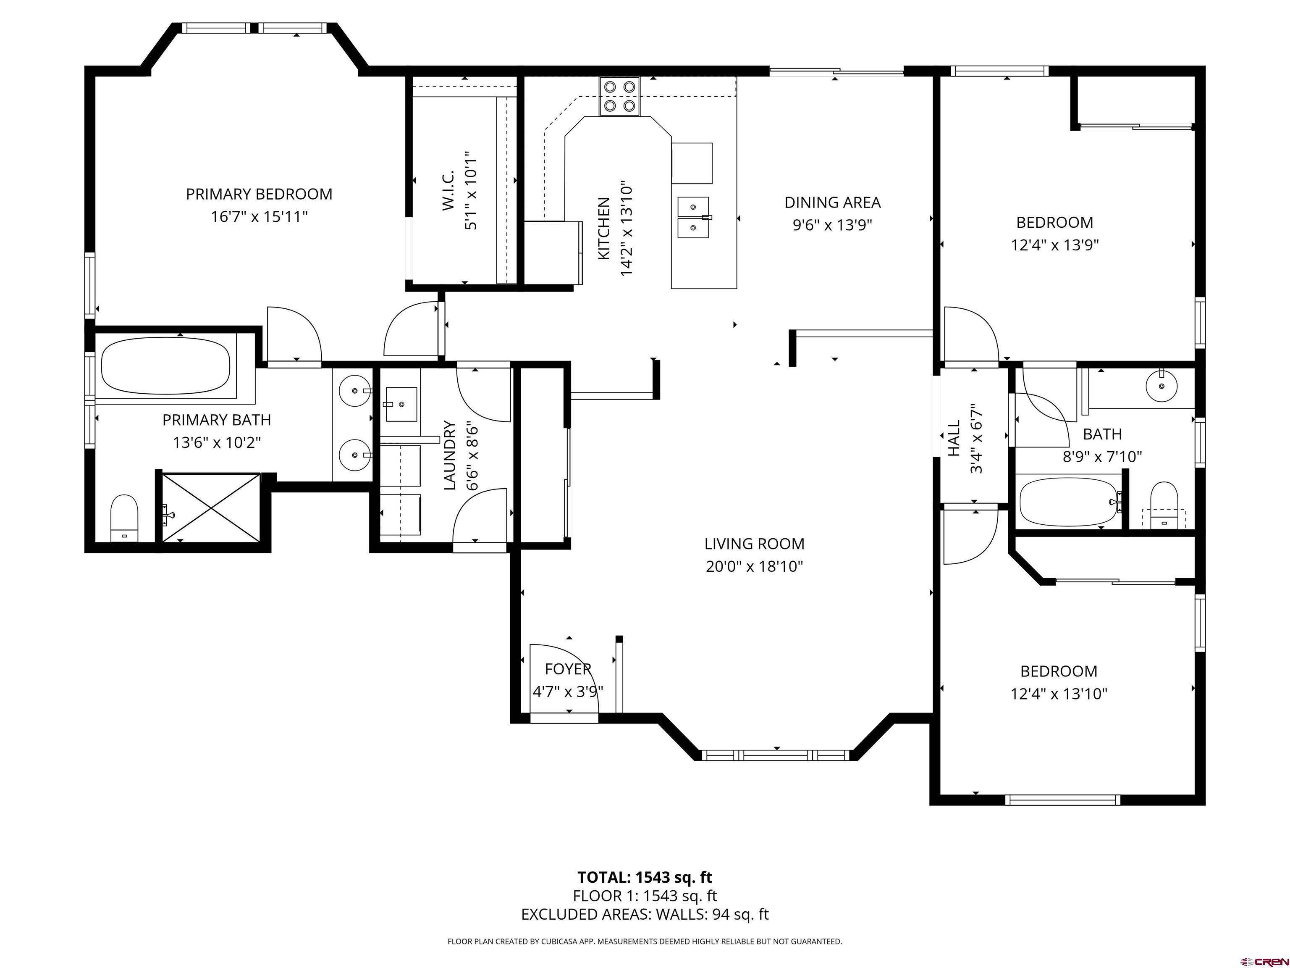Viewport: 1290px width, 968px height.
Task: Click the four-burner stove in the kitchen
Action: (619, 96)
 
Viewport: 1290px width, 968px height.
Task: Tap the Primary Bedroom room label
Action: (259, 194)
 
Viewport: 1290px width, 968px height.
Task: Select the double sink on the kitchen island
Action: (693, 218)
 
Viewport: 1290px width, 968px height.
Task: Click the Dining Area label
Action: (832, 203)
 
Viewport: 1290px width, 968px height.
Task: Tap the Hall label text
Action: (954, 438)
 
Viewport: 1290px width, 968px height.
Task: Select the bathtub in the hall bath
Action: (1068, 502)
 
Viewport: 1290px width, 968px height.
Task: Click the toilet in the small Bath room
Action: (1164, 505)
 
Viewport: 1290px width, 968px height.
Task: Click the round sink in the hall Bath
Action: (1161, 386)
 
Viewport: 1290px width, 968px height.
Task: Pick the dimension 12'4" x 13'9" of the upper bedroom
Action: (1054, 245)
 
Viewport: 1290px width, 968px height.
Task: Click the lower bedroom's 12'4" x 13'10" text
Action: (1059, 694)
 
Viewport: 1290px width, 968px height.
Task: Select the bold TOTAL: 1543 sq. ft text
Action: (645, 877)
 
